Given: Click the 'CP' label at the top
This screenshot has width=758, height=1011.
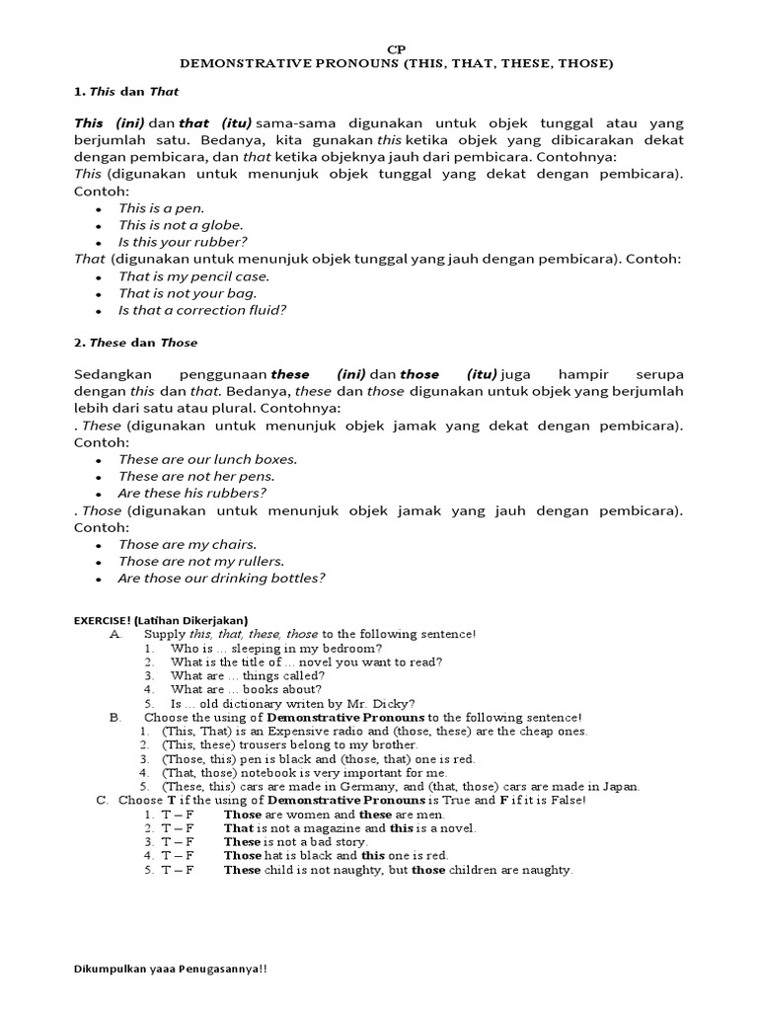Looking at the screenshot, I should click(x=396, y=48).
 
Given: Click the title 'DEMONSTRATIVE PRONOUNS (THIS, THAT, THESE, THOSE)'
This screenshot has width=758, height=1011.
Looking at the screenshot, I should click(x=396, y=63).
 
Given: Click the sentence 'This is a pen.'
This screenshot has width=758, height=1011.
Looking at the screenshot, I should click(x=162, y=208).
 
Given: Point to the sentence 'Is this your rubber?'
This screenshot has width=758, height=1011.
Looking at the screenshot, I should click(x=183, y=242).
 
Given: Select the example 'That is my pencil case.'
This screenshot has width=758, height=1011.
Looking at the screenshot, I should click(x=193, y=276).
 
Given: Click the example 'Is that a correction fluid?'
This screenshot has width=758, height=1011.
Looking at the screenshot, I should click(x=202, y=310).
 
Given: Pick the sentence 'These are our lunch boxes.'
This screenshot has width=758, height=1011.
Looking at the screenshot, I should click(x=207, y=459).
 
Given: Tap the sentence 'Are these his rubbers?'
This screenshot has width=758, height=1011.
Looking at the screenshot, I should click(x=192, y=493).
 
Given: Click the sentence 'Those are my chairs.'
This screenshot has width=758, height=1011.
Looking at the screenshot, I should click(x=187, y=544).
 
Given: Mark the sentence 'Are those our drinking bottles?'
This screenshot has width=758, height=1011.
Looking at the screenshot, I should click(x=221, y=579).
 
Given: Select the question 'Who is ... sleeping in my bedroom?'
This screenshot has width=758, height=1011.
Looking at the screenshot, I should click(x=276, y=648).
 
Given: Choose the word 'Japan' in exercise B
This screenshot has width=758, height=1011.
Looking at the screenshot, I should click(x=619, y=786).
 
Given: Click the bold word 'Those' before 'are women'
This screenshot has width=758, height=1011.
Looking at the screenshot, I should click(x=243, y=815).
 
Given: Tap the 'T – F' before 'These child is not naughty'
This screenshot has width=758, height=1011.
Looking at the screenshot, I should click(x=178, y=870).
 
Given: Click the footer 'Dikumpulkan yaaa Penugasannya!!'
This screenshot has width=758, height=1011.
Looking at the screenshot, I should click(x=170, y=970).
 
